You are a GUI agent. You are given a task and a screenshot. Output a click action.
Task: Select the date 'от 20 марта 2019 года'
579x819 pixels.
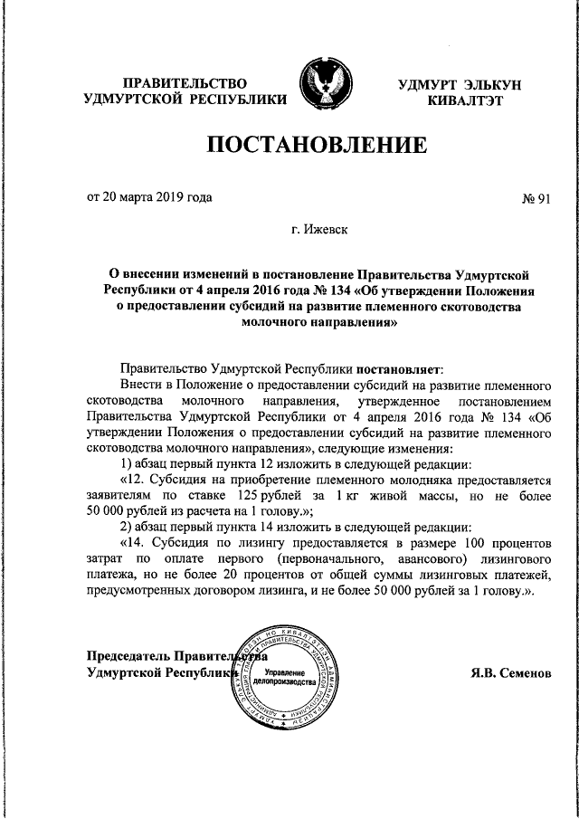tap(150, 196)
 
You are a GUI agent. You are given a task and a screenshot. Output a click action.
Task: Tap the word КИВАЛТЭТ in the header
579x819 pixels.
tap(465, 100)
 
